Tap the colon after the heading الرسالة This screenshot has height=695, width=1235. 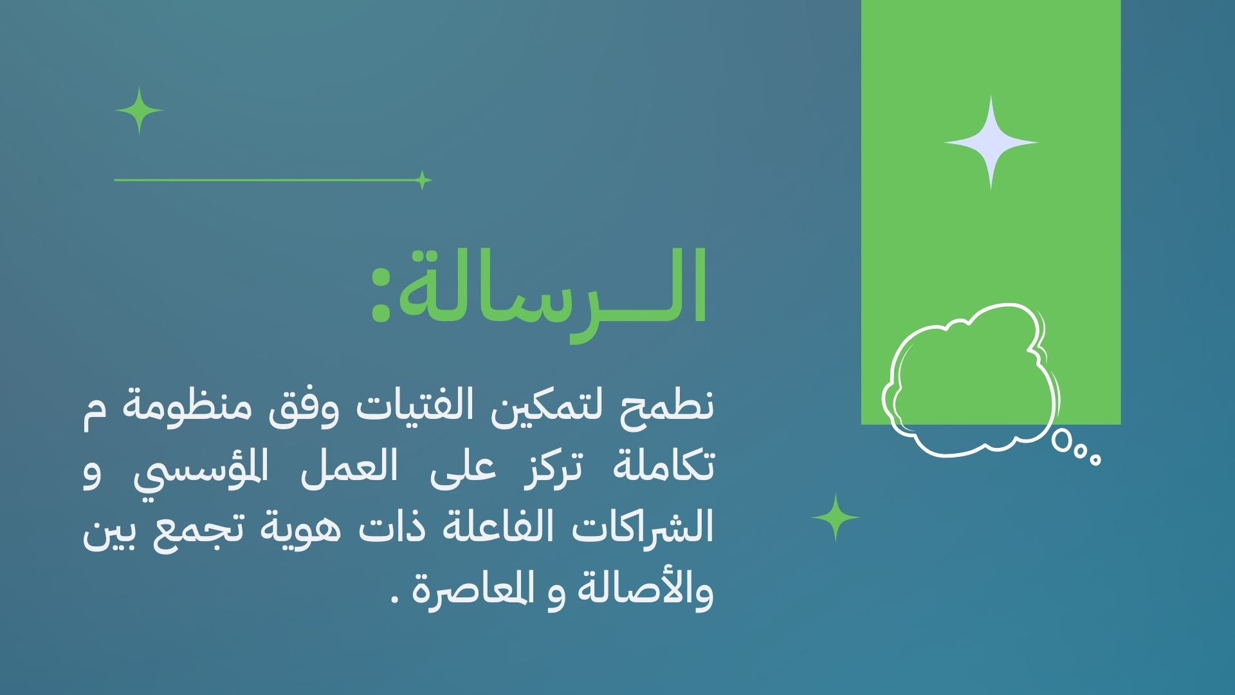tap(381, 295)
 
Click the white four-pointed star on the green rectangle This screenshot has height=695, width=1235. tap(991, 142)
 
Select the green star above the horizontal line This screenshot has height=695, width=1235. tap(139, 111)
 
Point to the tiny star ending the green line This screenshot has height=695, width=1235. tap(422, 180)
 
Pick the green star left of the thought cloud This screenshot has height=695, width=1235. tap(836, 517)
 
